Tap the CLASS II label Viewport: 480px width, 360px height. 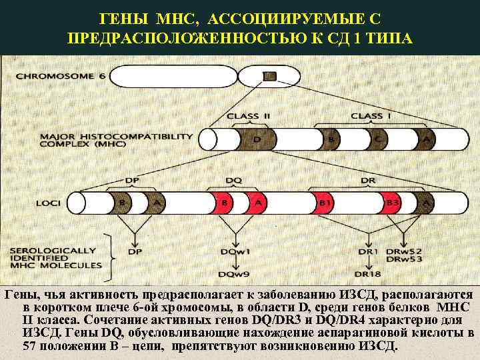[x=249, y=116]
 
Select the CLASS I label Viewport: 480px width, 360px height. [x=367, y=116]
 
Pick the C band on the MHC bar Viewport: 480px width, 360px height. [x=377, y=140]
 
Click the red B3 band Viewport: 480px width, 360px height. [x=393, y=201]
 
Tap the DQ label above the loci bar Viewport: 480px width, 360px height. [x=233, y=181]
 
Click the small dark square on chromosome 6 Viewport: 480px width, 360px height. [x=268, y=76]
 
